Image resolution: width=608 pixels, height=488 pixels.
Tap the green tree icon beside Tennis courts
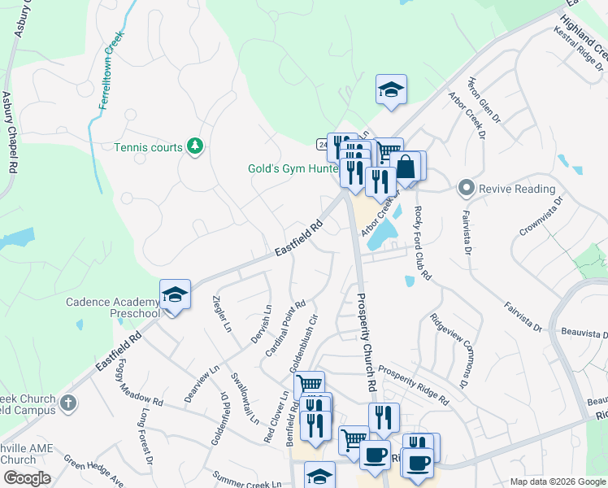pyautogui.click(x=195, y=146)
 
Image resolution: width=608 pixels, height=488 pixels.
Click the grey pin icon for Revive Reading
pyautogui.click(x=466, y=189)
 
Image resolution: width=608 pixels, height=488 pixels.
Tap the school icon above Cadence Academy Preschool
pyautogui.click(x=175, y=294)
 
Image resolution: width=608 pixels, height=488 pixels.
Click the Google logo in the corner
pyautogui.click(x=27, y=478)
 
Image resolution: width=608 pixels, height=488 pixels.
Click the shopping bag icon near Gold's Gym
pyautogui.click(x=406, y=168)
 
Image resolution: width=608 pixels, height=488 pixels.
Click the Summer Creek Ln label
pyautogui.click(x=247, y=478)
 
